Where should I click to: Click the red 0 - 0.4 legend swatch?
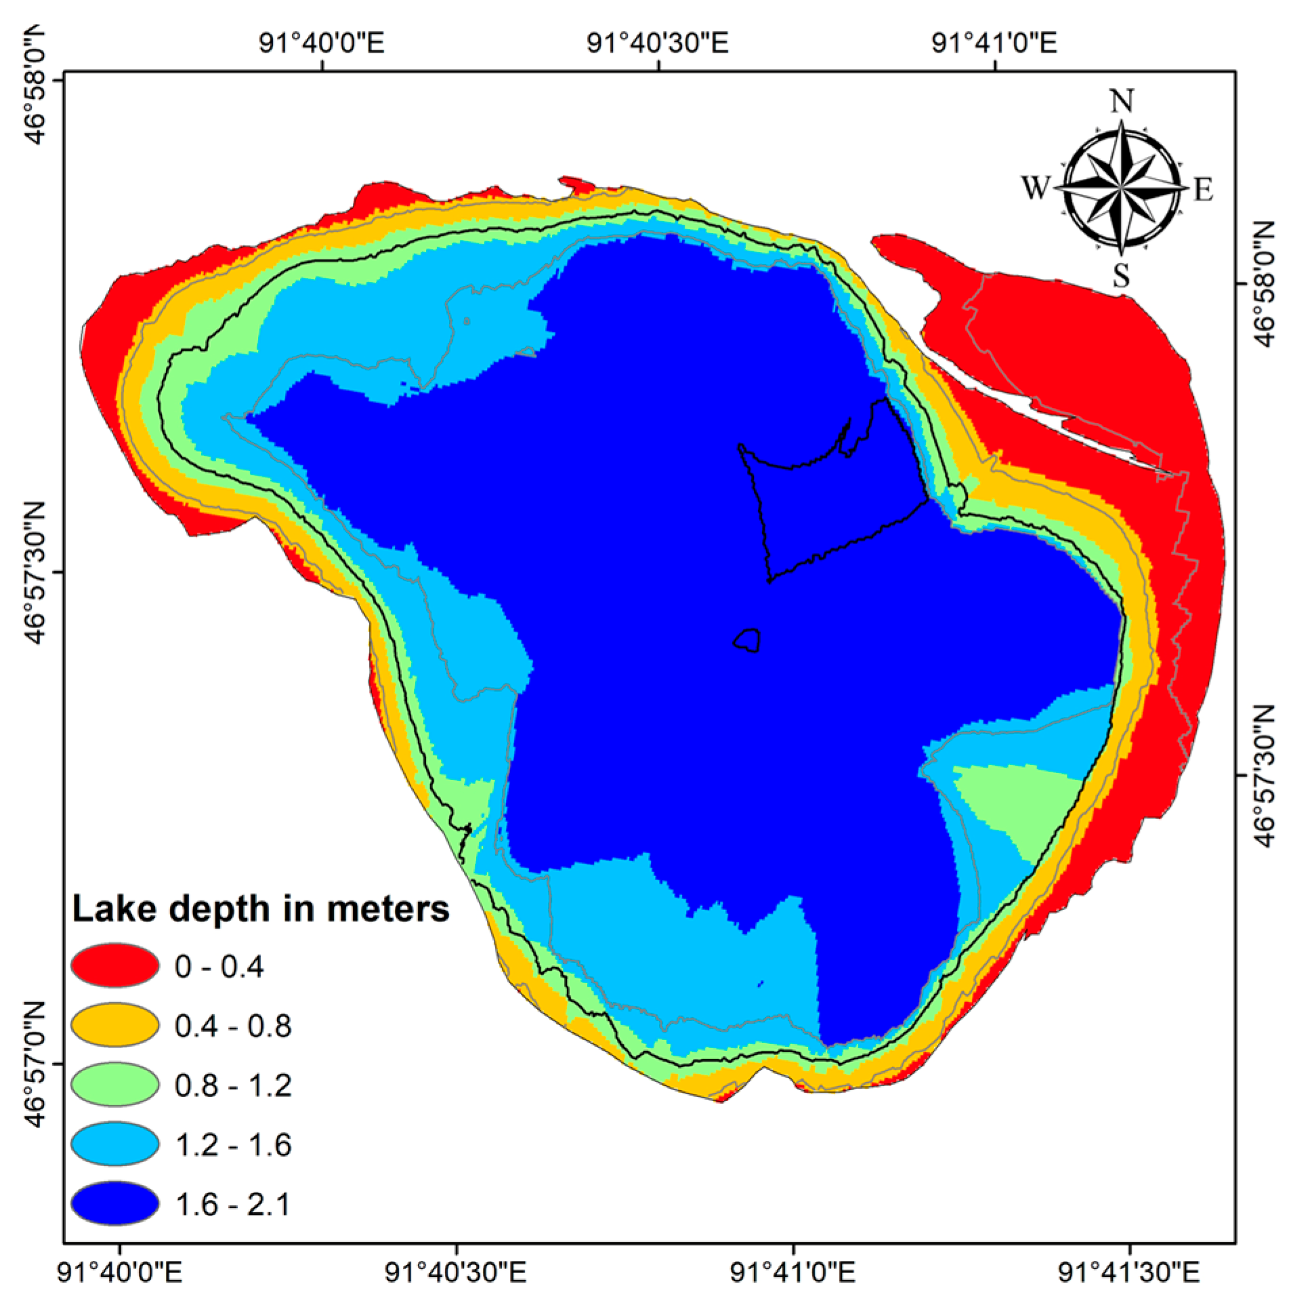point(114,966)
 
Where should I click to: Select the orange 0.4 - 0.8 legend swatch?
point(114,1025)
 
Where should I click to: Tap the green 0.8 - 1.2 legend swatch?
point(114,1084)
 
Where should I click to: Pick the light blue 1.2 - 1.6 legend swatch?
point(114,1144)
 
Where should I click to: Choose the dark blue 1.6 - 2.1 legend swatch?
point(114,1204)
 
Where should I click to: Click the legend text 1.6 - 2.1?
point(232,1205)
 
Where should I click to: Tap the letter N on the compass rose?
point(1122,102)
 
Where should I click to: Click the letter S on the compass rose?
point(1122,275)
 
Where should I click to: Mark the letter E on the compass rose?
point(1203,189)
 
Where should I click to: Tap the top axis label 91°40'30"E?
point(657,43)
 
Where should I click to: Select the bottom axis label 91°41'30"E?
point(1128,1273)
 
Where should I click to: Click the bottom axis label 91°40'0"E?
point(120,1273)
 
